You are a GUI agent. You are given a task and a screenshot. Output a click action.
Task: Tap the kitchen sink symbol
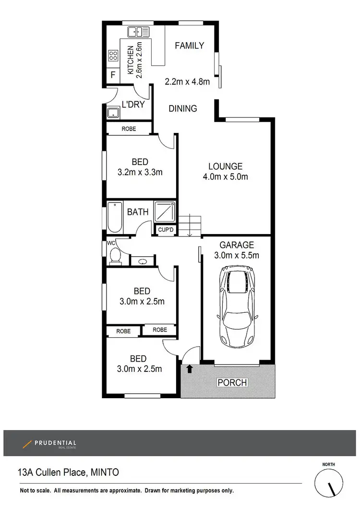[138, 32]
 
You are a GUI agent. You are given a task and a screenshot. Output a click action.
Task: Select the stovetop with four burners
[113, 56]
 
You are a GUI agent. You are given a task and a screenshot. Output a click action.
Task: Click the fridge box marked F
[113, 75]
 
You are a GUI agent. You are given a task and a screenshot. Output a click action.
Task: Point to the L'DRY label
[133, 104]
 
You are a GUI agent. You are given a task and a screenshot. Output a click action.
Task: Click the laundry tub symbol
[113, 113]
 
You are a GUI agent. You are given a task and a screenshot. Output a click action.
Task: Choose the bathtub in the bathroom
[115, 217]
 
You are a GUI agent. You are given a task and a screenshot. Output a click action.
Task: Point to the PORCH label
[232, 383]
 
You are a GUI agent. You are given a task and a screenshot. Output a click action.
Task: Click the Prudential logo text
[55, 444]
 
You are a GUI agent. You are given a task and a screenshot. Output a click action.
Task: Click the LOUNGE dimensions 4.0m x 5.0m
[225, 177]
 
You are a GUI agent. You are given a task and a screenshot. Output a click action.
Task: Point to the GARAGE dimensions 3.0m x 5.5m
[236, 255]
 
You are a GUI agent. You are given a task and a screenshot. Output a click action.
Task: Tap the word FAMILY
[189, 46]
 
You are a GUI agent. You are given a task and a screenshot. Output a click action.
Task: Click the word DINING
[183, 108]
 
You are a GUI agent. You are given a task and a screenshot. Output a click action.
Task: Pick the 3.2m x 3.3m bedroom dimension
[140, 172]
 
